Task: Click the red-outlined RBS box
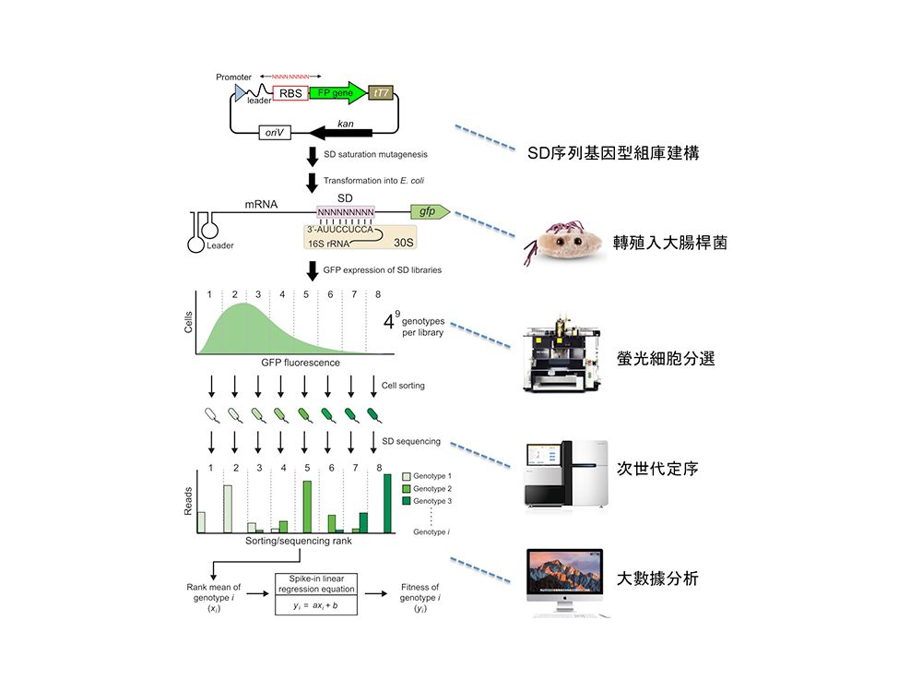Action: tap(290, 92)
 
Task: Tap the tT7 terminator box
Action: tap(379, 92)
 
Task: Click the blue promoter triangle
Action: tap(241, 92)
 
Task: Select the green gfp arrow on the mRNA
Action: tap(430, 212)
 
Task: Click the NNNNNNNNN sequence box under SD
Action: tap(346, 212)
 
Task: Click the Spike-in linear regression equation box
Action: tap(316, 593)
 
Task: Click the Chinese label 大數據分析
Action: tap(657, 579)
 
